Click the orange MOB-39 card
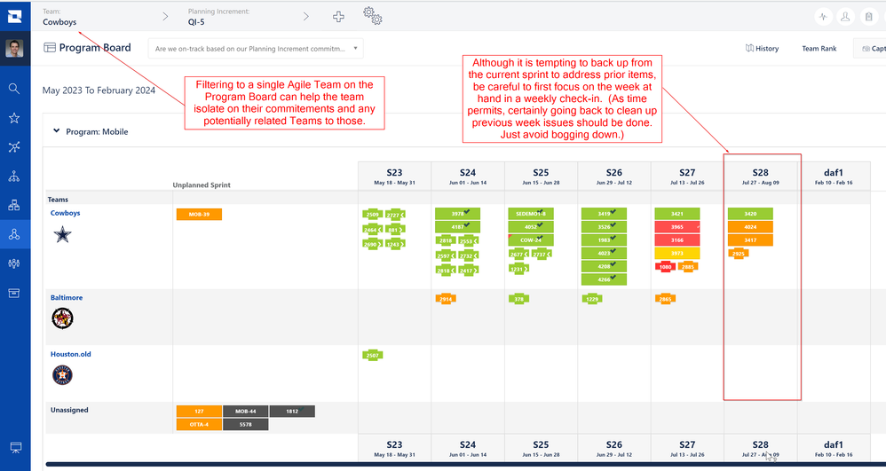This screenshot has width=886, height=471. point(199,215)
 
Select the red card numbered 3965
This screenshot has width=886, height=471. point(676,227)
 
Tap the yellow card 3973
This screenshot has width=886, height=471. point(676,254)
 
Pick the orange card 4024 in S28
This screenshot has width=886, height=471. point(750,227)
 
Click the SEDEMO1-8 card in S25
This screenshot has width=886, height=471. point(530,214)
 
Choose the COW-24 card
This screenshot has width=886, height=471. point(530,240)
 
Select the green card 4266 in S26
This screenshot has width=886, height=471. point(604,279)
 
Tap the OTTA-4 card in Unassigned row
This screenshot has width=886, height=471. point(199,425)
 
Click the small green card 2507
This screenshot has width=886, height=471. point(373,356)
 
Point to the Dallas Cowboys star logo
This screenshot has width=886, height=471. point(62,234)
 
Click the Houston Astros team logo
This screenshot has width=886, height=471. point(62,374)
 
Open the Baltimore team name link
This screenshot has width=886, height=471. point(67,298)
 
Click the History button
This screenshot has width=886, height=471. point(762,49)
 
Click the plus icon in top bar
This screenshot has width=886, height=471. point(338,17)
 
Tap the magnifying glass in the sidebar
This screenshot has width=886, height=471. point(14,89)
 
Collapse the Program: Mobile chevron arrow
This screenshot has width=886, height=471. point(57,131)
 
